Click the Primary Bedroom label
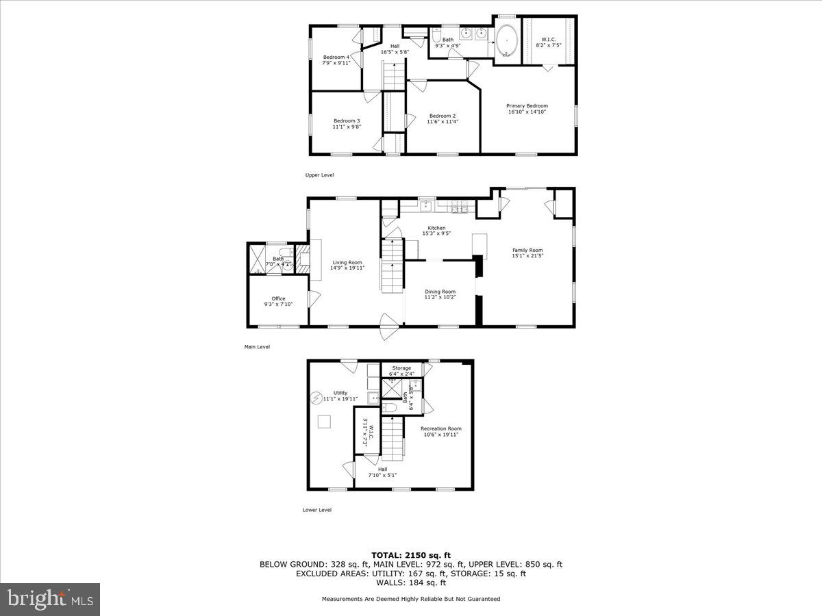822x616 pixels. tap(527, 105)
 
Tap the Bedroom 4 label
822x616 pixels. tap(336, 57)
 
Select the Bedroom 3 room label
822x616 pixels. tap(346, 120)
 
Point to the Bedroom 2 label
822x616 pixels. tap(443, 116)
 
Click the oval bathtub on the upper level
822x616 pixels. tap(507, 40)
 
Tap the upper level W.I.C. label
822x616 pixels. tap(549, 38)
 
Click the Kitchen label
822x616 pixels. tap(436, 228)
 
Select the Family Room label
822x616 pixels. tap(527, 250)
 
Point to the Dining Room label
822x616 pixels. tap(440, 292)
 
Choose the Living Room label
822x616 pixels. tap(347, 262)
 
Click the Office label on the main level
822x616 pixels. tap(278, 298)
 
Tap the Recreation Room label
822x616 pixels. tap(441, 428)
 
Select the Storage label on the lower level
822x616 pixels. tap(401, 368)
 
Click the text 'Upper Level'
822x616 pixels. tap(319, 175)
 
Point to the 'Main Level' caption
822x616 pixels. tap(257, 347)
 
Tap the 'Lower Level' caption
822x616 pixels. tap(317, 509)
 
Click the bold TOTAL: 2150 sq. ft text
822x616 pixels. tap(411, 554)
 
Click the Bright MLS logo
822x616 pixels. tap(49, 600)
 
